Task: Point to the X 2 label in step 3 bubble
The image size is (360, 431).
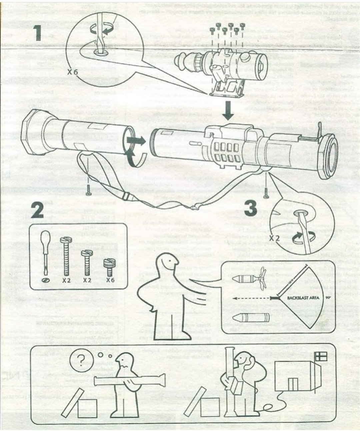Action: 276,238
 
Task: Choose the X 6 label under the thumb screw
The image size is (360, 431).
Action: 111,280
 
